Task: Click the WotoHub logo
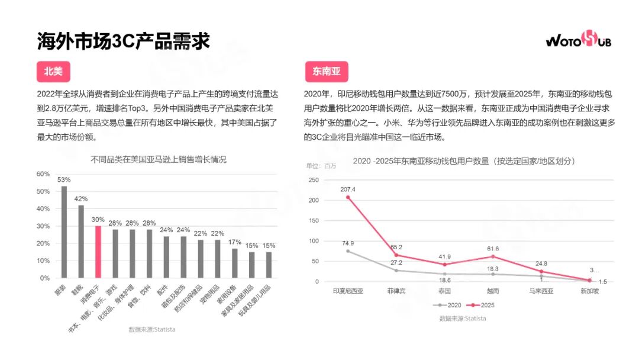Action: pos(578,40)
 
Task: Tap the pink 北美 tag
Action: pos(53,72)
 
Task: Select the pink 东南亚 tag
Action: pos(326,72)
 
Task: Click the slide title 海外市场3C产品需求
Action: pos(123,41)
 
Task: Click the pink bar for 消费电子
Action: pos(98,252)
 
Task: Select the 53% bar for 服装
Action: pos(64,232)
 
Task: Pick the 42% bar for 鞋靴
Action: pos(81,242)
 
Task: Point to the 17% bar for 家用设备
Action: pos(234,263)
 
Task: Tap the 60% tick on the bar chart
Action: pos(43,174)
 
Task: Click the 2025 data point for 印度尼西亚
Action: pos(348,197)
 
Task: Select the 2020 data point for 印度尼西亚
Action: pos(348,251)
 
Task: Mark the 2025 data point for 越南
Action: pos(492,256)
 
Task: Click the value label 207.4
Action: pos(348,189)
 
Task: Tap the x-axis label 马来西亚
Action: pos(541,291)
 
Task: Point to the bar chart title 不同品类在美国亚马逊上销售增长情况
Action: pos(159,160)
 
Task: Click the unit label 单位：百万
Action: pos(321,166)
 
